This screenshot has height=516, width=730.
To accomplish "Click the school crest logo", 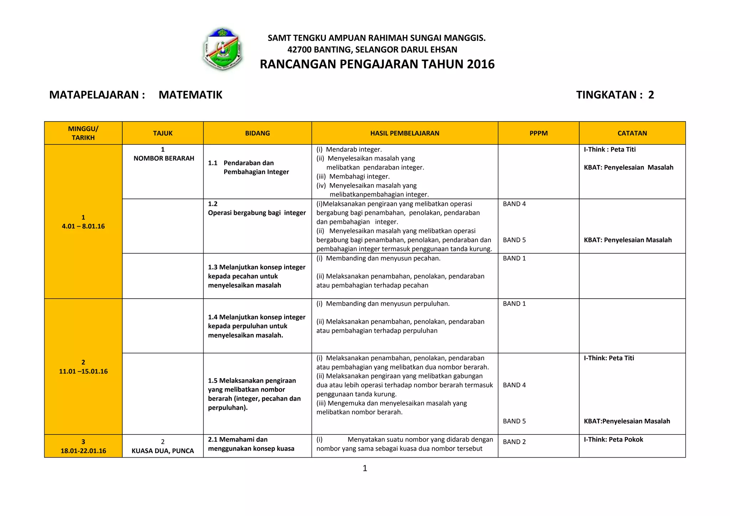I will pyautogui.click(x=223, y=49).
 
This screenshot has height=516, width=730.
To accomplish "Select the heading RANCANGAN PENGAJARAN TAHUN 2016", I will pyautogui.click(x=377, y=64).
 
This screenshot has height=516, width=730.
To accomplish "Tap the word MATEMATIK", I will pyautogui.click(x=190, y=95).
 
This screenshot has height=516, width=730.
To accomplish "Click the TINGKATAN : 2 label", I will pyautogui.click(x=615, y=95).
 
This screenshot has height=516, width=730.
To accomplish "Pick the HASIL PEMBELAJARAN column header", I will pyautogui.click(x=405, y=133).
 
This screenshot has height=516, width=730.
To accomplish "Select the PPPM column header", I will pyautogui.click(x=538, y=133).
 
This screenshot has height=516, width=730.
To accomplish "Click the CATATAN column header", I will pyautogui.click(x=632, y=133).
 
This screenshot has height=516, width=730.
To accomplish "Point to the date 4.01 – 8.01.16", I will pyautogui.click(x=83, y=226).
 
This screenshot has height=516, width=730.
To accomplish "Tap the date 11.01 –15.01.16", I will pyautogui.click(x=83, y=371).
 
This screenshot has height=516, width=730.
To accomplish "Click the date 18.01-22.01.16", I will pyautogui.click(x=83, y=451).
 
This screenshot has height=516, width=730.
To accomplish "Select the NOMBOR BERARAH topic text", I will pyautogui.click(x=164, y=158).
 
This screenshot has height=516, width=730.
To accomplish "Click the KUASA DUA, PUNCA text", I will pyautogui.click(x=163, y=451).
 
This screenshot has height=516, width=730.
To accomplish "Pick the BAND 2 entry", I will pyautogui.click(x=514, y=442).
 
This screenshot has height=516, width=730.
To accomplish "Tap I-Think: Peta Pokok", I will pyautogui.click(x=613, y=439).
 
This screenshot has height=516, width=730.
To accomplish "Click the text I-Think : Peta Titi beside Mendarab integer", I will pyautogui.click(x=610, y=150).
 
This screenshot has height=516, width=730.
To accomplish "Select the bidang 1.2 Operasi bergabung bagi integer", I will pyautogui.click(x=257, y=213).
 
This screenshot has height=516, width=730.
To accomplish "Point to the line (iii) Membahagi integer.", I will pyautogui.click(x=353, y=176).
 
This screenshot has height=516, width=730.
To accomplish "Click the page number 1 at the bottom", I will pyautogui.click(x=365, y=468).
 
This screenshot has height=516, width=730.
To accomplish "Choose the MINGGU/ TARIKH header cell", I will pyautogui.click(x=83, y=133).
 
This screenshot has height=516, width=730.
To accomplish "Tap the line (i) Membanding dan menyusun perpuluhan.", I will pyautogui.click(x=383, y=304).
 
